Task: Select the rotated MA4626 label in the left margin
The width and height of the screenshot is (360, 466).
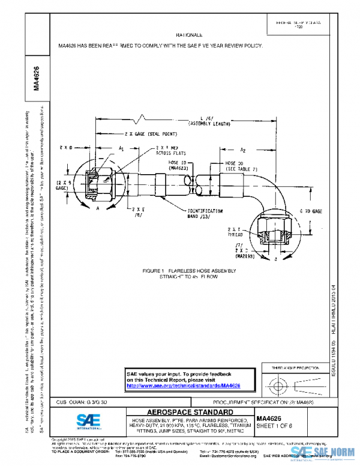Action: (37, 78)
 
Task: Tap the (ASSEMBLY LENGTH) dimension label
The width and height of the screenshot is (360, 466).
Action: (209, 123)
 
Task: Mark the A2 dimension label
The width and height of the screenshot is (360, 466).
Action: (243, 150)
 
